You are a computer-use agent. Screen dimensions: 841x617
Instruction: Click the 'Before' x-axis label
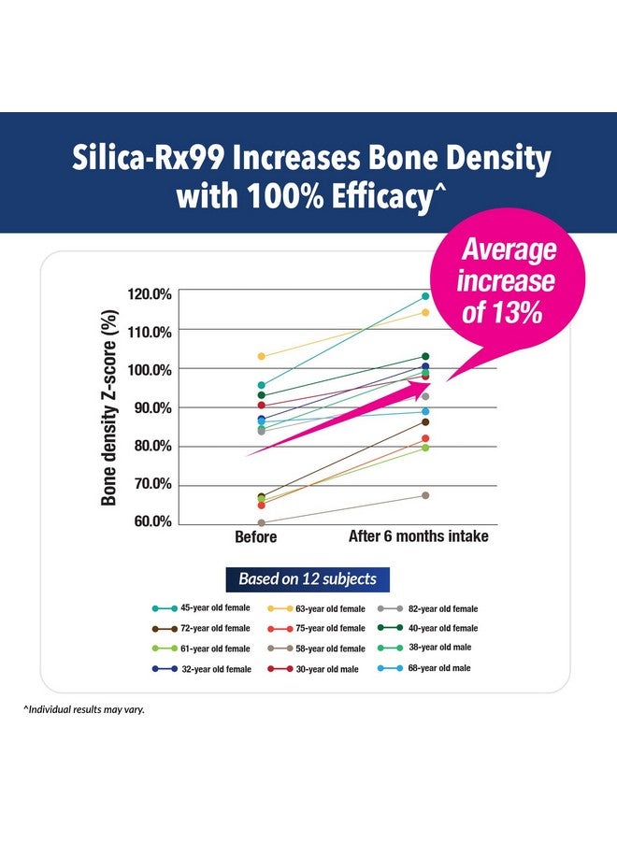coord(255,537)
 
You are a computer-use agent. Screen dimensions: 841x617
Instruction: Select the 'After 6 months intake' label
coord(418,537)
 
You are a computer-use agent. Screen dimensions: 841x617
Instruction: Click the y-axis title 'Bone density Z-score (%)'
coord(109,408)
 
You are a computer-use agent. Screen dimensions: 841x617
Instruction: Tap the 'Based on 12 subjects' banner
coord(307,578)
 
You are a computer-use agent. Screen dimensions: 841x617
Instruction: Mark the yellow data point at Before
coord(261,356)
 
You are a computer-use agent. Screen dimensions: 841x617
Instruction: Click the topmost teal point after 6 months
coord(425,296)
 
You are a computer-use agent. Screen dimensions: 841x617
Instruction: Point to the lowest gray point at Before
coord(261,523)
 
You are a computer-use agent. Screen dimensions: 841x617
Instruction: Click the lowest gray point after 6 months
coord(425,495)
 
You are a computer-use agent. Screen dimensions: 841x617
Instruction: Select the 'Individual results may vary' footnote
coord(84,709)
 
